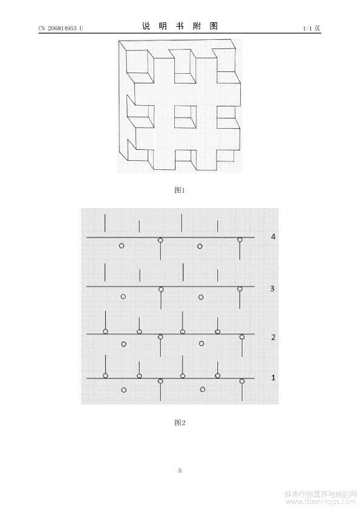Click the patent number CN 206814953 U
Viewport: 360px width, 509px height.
pos(61,28)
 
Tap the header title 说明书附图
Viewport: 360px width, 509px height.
pos(180,26)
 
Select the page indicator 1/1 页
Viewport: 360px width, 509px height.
pos(312,28)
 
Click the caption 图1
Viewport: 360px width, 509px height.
pos(180,190)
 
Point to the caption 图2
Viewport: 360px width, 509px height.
pos(180,423)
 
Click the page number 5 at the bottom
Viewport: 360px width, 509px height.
pos(180,470)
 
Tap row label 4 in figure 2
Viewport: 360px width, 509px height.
pos(273,236)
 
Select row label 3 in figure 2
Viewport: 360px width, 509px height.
pos(272,288)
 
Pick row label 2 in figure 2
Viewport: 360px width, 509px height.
pos(273,337)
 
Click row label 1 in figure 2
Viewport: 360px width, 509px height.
pos(273,378)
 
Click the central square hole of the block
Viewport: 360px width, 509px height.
pos(186,117)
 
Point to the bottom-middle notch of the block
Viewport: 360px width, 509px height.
pos(186,160)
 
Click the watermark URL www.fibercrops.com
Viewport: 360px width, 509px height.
pos(320,502)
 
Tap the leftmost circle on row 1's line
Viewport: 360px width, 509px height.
pos(105,375)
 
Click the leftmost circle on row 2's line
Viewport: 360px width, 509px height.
pos(105,331)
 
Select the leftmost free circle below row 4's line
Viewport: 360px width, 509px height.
pos(122,246)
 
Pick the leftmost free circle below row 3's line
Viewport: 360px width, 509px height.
pos(123,296)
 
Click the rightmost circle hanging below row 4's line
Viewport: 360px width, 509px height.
pos(240,240)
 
